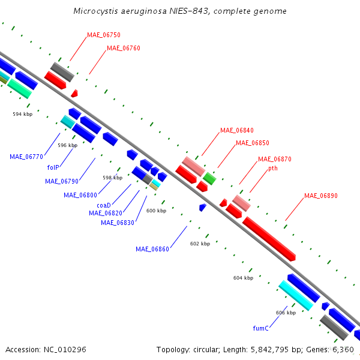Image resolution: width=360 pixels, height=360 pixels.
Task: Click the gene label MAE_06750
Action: point(104,35)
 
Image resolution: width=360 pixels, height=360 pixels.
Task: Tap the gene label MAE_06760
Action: point(124,48)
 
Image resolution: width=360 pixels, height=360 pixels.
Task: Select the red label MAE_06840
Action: point(237,130)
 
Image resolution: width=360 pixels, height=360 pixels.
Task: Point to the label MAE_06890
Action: point(321,196)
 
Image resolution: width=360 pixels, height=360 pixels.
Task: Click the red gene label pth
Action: point(273,168)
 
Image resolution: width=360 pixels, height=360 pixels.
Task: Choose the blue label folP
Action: point(53,167)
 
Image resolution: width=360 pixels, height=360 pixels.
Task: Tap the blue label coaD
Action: point(104,205)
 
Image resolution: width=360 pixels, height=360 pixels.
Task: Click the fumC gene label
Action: point(260,328)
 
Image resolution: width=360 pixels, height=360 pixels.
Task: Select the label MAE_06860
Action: point(152,249)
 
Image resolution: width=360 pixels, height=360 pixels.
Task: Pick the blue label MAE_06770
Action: point(26,157)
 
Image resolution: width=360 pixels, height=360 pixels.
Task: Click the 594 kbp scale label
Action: point(23,114)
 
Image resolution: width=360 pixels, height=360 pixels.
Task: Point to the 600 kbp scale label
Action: point(157,211)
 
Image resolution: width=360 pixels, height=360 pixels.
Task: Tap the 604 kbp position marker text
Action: point(244,278)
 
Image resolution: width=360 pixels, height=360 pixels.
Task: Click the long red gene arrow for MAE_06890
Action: point(269,239)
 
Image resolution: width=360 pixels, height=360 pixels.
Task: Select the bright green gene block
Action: point(209,178)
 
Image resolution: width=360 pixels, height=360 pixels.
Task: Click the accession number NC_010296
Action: point(65,350)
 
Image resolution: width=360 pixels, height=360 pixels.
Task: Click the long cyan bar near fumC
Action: point(296,295)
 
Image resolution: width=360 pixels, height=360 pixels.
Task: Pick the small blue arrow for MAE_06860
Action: point(203,208)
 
